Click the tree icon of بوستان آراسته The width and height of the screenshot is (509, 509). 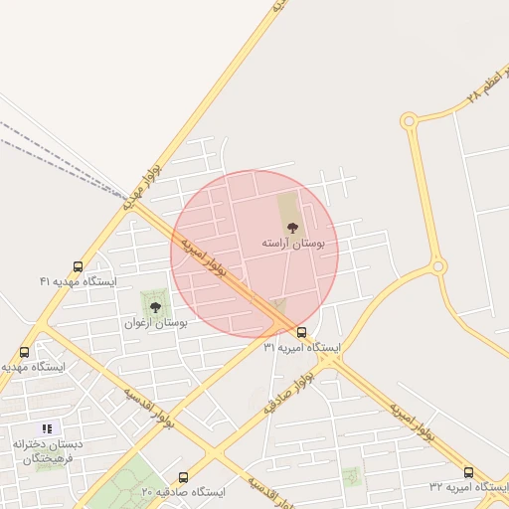click(291, 229)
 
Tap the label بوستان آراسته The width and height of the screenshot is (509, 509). click(292, 244)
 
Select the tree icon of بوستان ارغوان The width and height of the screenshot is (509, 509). click(155, 307)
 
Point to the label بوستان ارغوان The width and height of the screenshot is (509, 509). click(156, 323)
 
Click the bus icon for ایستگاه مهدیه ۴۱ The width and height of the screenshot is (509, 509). click(79, 266)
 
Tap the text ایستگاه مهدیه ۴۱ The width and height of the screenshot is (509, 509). click(79, 282)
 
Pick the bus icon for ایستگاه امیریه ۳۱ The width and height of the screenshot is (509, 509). click(301, 333)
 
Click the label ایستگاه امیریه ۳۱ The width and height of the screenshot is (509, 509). click(301, 348)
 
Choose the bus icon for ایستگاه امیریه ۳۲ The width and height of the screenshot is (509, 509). click(468, 472)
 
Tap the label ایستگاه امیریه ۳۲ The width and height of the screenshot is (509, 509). click(468, 487)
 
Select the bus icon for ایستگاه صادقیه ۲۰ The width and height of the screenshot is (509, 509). click(183, 477)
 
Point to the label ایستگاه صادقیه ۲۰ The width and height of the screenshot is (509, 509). click(183, 492)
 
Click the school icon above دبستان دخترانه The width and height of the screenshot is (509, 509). click(47, 428)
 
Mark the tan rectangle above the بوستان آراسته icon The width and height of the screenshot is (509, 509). click(287, 208)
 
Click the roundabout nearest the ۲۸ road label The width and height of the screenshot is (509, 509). click(409, 121)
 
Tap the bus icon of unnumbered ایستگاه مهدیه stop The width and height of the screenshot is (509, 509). click(25, 352)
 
